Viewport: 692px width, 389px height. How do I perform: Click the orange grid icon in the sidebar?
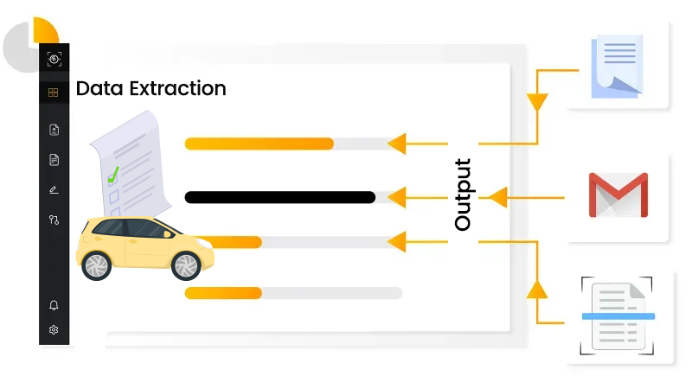point(54,92)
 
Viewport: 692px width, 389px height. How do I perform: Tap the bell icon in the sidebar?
point(54,305)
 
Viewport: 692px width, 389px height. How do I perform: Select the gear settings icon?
point(54,329)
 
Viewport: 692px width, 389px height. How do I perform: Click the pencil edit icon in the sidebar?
point(54,189)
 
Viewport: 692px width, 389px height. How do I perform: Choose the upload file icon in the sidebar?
point(54,130)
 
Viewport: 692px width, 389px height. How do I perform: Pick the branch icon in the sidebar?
point(54,220)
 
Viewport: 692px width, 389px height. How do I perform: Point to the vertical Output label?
point(463,194)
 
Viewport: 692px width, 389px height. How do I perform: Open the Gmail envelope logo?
point(618,195)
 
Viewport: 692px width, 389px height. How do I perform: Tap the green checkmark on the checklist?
point(112,177)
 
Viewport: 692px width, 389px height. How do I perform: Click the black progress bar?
point(279,197)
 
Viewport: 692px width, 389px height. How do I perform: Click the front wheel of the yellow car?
point(186,265)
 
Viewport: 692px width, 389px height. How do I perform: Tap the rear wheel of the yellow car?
point(96,265)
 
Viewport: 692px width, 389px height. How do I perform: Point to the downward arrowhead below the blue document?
point(537,101)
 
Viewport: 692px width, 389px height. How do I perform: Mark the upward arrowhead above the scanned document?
point(537,289)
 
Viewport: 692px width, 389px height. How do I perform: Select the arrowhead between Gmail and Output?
point(497,198)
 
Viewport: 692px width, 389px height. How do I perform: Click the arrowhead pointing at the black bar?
point(396,198)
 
